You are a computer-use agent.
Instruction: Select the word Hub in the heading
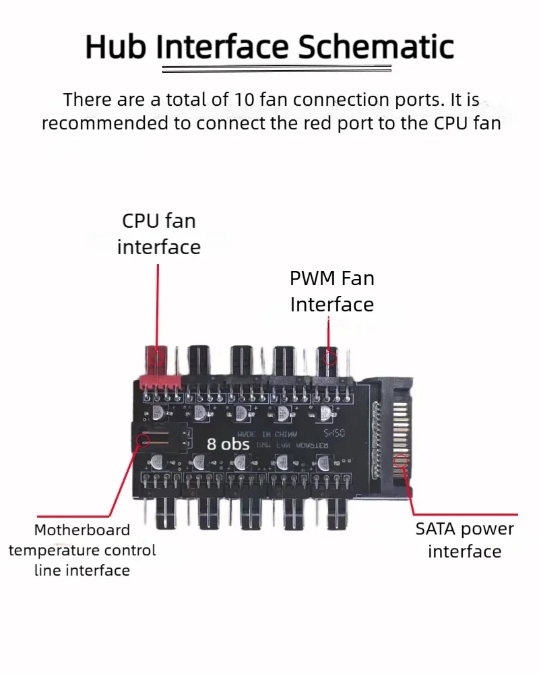click(116, 47)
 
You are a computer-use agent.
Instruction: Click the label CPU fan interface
click(159, 233)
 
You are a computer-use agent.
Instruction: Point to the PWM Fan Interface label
click(331, 291)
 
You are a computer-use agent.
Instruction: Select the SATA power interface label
click(464, 540)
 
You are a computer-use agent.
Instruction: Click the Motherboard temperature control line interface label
click(82, 550)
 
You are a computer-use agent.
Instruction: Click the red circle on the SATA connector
click(402, 462)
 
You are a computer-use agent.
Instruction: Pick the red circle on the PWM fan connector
click(329, 357)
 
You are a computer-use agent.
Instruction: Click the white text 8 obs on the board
click(228, 444)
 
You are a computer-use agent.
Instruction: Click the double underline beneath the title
click(276, 69)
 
